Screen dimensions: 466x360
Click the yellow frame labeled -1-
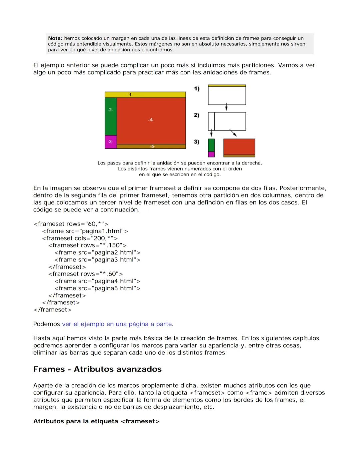pyautogui.click(x=145, y=95)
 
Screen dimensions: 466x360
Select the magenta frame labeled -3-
pyautogui.click(x=111, y=142)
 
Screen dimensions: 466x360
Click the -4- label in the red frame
pyautogui.click(x=151, y=120)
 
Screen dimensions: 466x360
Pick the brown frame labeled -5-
pyautogui.click(x=151, y=146)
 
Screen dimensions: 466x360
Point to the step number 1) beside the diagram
pyautogui.click(x=197, y=89)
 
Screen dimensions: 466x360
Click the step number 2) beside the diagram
pyautogui.click(x=197, y=115)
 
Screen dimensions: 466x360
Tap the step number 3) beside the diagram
pyautogui.click(x=197, y=142)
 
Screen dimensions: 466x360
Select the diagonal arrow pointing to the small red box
pyautogui.click(x=233, y=133)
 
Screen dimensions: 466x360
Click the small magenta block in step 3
pyautogui.click(x=211, y=154)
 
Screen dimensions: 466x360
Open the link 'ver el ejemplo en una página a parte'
pyautogui.click(x=117, y=324)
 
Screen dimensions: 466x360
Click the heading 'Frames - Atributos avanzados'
pyautogui.click(x=97, y=369)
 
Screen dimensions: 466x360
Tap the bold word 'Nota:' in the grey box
pyautogui.click(x=55, y=39)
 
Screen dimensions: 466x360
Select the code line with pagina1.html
pyautogui.click(x=85, y=231)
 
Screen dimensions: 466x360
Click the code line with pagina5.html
pyautogui.click(x=97, y=288)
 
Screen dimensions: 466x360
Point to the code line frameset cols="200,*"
pyautogui.click(x=80, y=238)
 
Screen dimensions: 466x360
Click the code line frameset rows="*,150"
pyautogui.click(x=87, y=246)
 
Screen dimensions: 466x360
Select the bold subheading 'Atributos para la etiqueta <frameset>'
pyautogui.click(x=96, y=421)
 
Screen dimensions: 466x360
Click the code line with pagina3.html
pyautogui.click(x=97, y=260)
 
